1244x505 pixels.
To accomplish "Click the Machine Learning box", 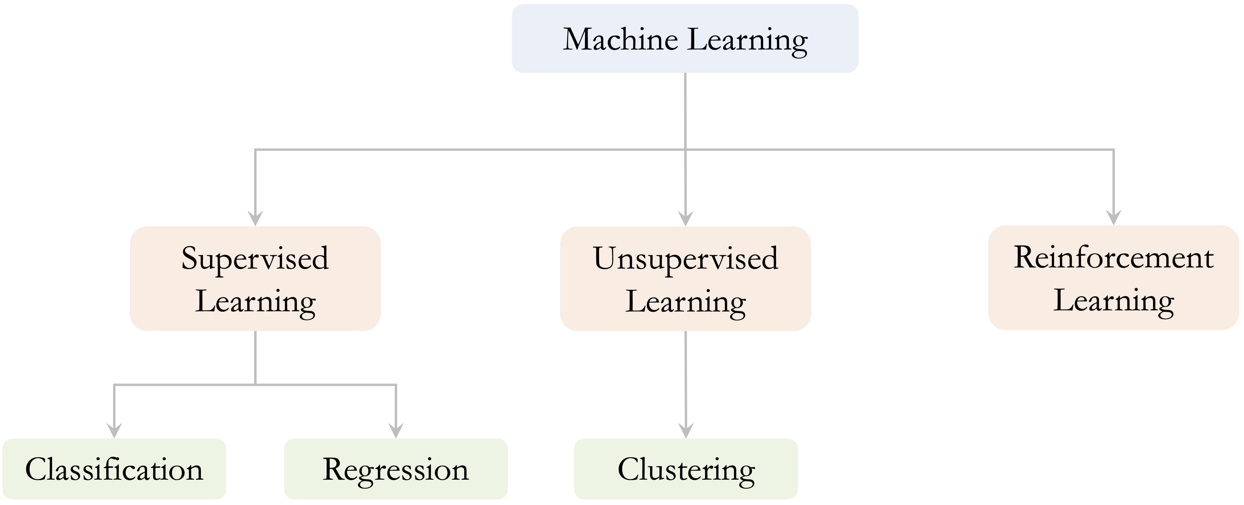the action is pos(685,39).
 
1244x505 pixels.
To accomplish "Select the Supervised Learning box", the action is pos(255,278).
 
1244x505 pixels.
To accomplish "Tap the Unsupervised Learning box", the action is pos(685,278).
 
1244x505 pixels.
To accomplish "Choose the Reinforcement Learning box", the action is pos(1114,277).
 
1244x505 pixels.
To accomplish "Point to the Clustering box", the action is pos(686,469).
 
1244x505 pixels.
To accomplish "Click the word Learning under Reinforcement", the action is pos(1114,301).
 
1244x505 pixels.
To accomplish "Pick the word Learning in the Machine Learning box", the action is pos(747,41).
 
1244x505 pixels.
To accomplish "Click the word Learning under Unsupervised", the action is pos(686,303).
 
